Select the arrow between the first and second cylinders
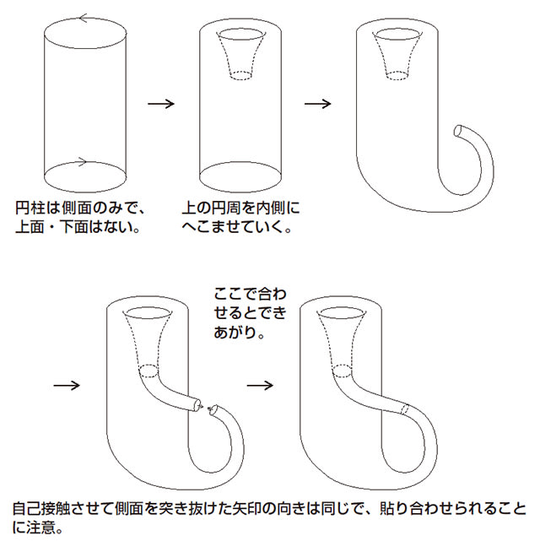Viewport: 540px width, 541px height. (160, 104)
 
